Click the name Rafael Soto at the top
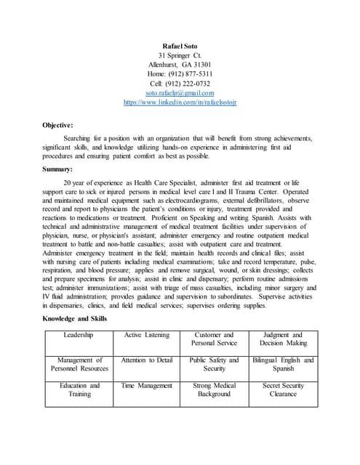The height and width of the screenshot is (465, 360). [180, 46]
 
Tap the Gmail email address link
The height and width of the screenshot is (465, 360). [180, 93]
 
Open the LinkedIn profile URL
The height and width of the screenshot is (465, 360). [180, 102]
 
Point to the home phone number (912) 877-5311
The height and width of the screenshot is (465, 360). [180, 74]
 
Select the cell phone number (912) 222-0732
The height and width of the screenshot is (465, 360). [180, 84]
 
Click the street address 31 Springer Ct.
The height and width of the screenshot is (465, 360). [180, 55]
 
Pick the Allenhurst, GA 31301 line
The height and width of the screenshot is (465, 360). [180, 65]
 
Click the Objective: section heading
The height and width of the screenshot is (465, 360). [57, 125]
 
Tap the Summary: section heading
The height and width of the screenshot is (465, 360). [57, 169]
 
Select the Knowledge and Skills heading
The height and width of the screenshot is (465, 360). [74, 318]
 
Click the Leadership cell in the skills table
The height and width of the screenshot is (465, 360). [79, 335]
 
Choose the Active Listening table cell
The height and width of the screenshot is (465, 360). [146, 335]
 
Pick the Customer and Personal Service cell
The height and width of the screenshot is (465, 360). [214, 339]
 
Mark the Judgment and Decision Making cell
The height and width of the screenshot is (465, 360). [283, 339]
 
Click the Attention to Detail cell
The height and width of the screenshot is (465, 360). [146, 360]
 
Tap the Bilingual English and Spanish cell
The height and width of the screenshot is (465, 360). [283, 364]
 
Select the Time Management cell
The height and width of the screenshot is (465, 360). [146, 386]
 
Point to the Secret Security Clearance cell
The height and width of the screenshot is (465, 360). [283, 389]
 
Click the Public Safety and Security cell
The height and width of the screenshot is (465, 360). [214, 364]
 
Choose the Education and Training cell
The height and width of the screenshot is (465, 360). [79, 389]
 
